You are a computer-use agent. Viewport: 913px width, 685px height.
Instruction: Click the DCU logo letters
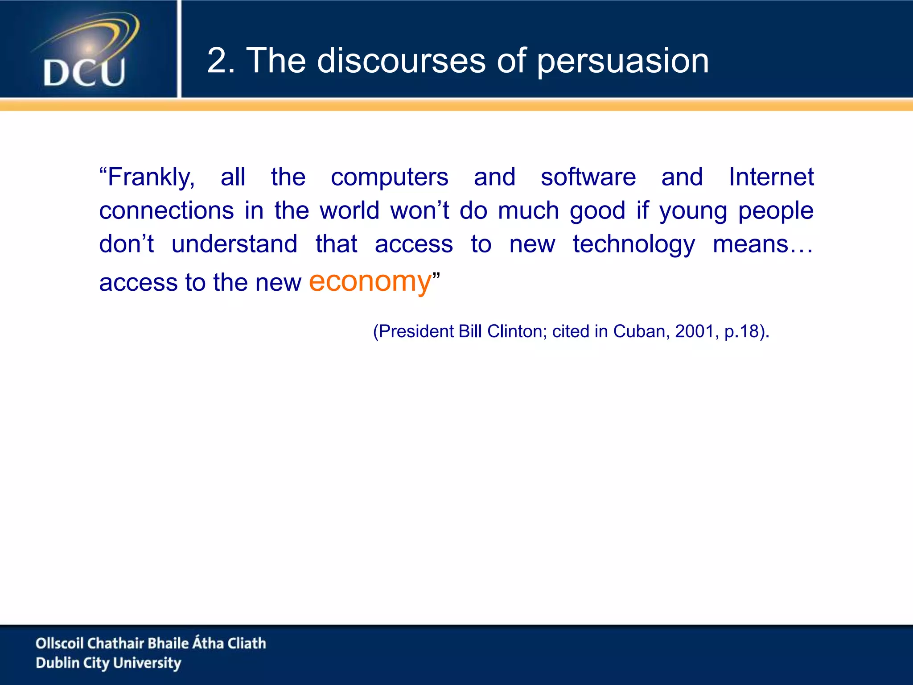click(x=84, y=72)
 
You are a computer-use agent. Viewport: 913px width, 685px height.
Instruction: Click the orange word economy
click(x=370, y=282)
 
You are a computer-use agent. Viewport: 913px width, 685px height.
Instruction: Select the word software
click(x=588, y=177)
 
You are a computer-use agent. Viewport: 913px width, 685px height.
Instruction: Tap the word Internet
click(x=771, y=177)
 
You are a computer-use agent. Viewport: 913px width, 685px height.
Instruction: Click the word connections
click(x=166, y=210)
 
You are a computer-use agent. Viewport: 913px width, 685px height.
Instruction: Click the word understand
click(x=234, y=244)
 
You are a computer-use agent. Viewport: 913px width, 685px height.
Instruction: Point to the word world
click(x=350, y=210)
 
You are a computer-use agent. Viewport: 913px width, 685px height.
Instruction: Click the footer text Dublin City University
click(x=108, y=663)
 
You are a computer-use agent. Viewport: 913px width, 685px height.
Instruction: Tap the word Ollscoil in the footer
click(x=59, y=643)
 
